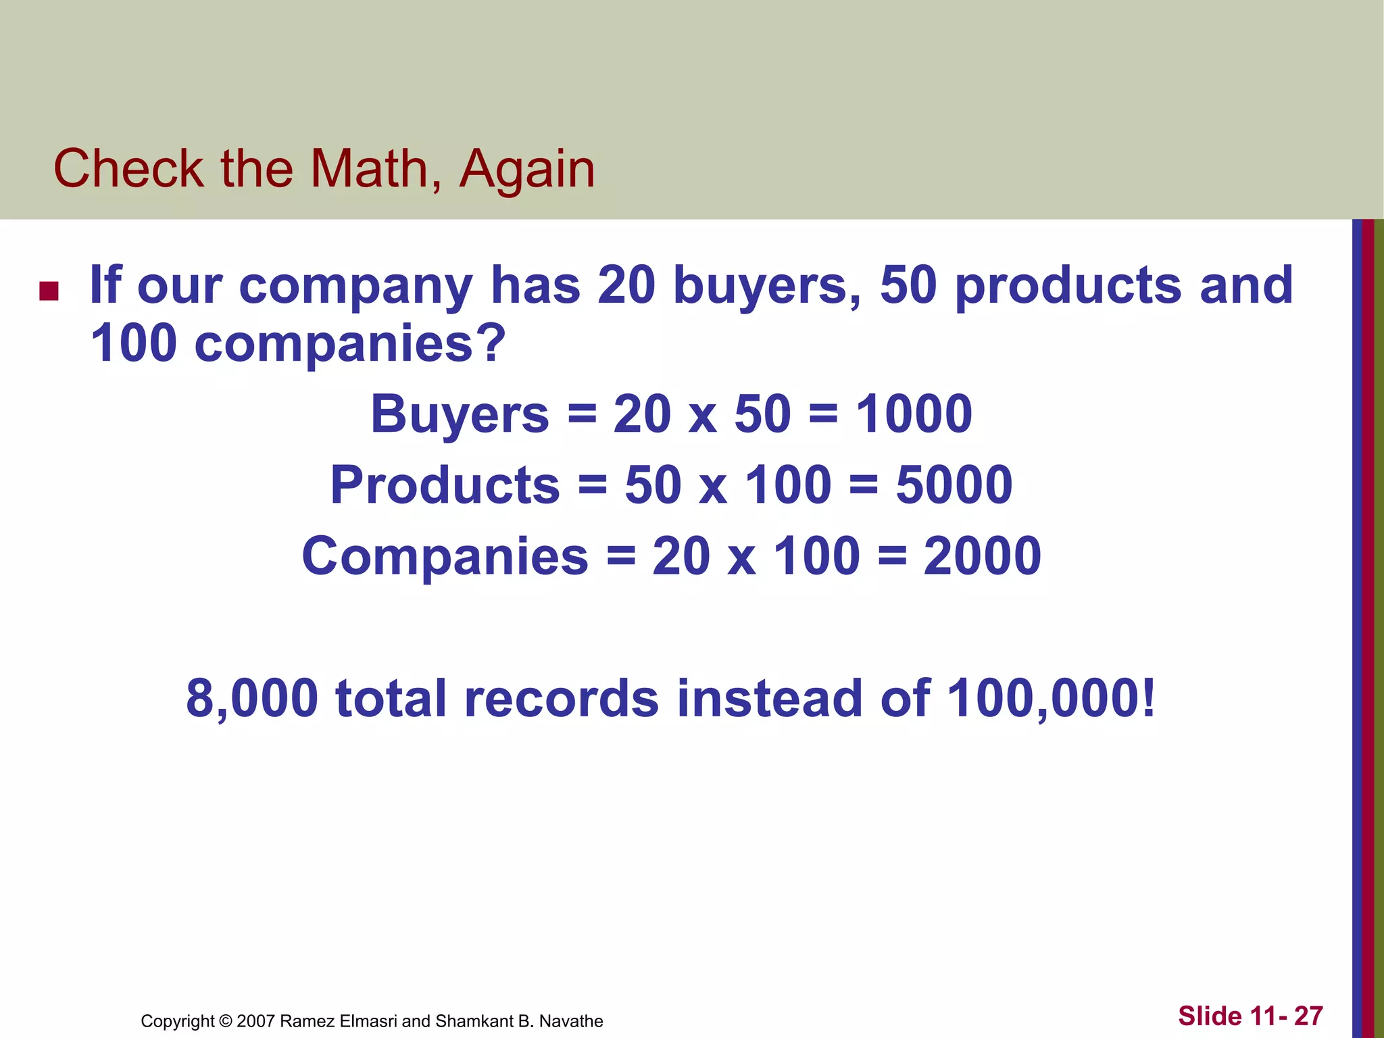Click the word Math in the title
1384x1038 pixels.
(370, 168)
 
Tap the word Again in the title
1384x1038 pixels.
(527, 168)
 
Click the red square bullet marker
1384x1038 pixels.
(49, 291)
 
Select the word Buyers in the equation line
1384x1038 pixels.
(460, 414)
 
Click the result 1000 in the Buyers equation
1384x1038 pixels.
(914, 414)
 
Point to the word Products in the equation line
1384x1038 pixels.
(445, 485)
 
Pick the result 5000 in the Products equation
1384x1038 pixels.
(954, 485)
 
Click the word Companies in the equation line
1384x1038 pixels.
(445, 556)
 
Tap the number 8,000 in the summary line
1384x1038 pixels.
(251, 698)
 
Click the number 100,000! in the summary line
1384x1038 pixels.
(1052, 698)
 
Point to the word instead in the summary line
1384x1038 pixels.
(770, 698)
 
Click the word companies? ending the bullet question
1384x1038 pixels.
(349, 344)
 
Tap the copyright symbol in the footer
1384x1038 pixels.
(226, 1021)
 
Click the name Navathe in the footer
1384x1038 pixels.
(571, 1021)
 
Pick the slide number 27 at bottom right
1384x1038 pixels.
(1308, 1016)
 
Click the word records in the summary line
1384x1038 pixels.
(561, 698)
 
